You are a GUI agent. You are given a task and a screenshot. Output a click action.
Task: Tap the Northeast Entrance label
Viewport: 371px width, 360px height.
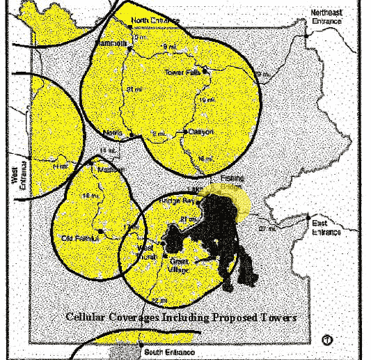coord(326,17)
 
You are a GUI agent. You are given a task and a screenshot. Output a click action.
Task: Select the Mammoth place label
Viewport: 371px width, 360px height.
coord(115,42)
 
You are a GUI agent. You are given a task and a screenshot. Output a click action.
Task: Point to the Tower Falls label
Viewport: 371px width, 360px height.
coord(182,72)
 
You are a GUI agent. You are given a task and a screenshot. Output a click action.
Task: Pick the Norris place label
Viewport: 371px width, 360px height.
coord(112,133)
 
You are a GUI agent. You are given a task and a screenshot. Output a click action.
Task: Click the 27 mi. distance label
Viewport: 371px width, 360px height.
coord(267,228)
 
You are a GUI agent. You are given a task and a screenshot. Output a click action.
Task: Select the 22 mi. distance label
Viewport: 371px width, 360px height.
coord(159,300)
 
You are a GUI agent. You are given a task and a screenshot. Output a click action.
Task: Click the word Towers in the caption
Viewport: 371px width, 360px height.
coord(278,317)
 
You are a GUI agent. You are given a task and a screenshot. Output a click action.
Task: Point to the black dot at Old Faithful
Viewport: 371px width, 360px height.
coord(101,230)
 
